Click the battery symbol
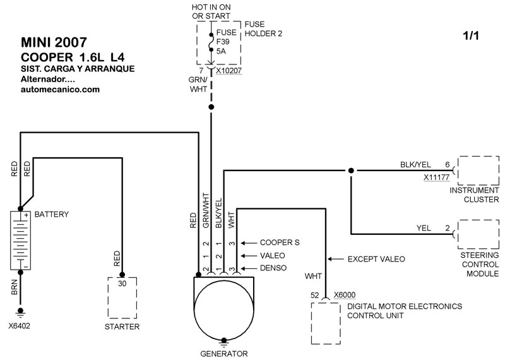(x=20, y=241)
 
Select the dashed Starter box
(x=108, y=298)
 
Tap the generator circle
(x=224, y=311)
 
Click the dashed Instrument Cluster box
(x=458, y=171)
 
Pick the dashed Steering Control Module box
(x=458, y=234)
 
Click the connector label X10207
(x=229, y=71)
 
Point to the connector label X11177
(x=436, y=177)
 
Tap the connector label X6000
(x=345, y=295)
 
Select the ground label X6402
(x=20, y=326)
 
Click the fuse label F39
(x=223, y=42)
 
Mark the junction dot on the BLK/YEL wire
(x=351, y=171)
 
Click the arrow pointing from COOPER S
(x=248, y=243)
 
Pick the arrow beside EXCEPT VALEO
(x=335, y=259)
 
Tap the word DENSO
(x=273, y=268)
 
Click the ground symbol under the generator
(x=224, y=342)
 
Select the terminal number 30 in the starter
(x=122, y=284)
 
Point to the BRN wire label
(x=15, y=287)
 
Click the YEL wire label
(x=424, y=228)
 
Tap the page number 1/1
(x=471, y=36)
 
